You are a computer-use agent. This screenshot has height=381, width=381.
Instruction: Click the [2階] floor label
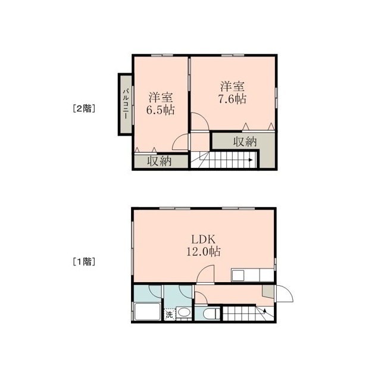pos(84,108)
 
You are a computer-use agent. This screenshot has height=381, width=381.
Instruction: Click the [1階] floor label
pos(84,262)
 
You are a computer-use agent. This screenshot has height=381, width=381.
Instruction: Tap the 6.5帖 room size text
pos(160,110)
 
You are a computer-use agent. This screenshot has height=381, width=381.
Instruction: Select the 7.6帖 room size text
pos(232,99)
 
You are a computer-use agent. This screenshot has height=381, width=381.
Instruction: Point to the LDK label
pos(204,239)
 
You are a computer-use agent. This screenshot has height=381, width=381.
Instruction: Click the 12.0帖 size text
pos(204,251)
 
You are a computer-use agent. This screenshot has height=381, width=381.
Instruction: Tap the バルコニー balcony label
pos(126,104)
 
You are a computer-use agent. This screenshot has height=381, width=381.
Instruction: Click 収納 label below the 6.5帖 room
pos(160,161)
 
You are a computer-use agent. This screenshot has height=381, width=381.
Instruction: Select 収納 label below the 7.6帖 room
pos(245,142)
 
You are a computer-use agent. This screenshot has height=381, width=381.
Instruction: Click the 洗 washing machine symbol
pos(169,315)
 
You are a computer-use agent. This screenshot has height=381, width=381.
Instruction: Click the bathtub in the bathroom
pos(148,311)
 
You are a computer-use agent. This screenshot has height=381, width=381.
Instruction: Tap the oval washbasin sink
pos(183,313)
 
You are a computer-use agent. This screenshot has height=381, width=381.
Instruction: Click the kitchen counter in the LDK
pos(252,275)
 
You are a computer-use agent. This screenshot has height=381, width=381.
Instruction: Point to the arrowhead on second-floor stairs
pos(250,160)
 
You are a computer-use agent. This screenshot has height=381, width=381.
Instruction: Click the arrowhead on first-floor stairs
pos(264,310)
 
